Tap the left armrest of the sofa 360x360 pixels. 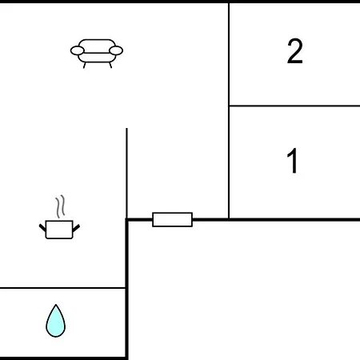pyautogui.click(x=78, y=50)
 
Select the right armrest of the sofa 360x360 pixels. pyautogui.click(x=116, y=50)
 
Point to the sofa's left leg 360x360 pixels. pyautogui.click(x=85, y=65)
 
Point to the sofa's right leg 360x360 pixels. pyautogui.click(x=110, y=65)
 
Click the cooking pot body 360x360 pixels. pyautogui.click(x=59, y=230)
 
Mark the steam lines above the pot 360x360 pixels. pyautogui.click(x=61, y=206)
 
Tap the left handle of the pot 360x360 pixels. pyautogui.click(x=42, y=227)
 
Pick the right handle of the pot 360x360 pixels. pyautogui.click(x=76, y=228)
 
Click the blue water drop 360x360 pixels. pyautogui.click(x=55, y=322)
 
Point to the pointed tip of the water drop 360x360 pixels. pyautogui.click(x=56, y=304)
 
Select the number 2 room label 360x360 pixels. pyautogui.click(x=295, y=51)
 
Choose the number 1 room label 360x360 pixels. pyautogui.click(x=292, y=161)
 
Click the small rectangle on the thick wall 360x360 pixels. pyautogui.click(x=172, y=219)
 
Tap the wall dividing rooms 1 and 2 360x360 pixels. pyautogui.click(x=294, y=106)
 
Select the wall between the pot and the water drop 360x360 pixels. pyautogui.click(x=62, y=288)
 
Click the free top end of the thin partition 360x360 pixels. pyautogui.click(x=126, y=129)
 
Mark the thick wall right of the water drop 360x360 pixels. pyautogui.click(x=126, y=290)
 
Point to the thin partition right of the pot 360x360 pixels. pyautogui.click(x=126, y=174)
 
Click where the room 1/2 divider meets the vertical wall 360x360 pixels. pyautogui.click(x=229, y=106)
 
